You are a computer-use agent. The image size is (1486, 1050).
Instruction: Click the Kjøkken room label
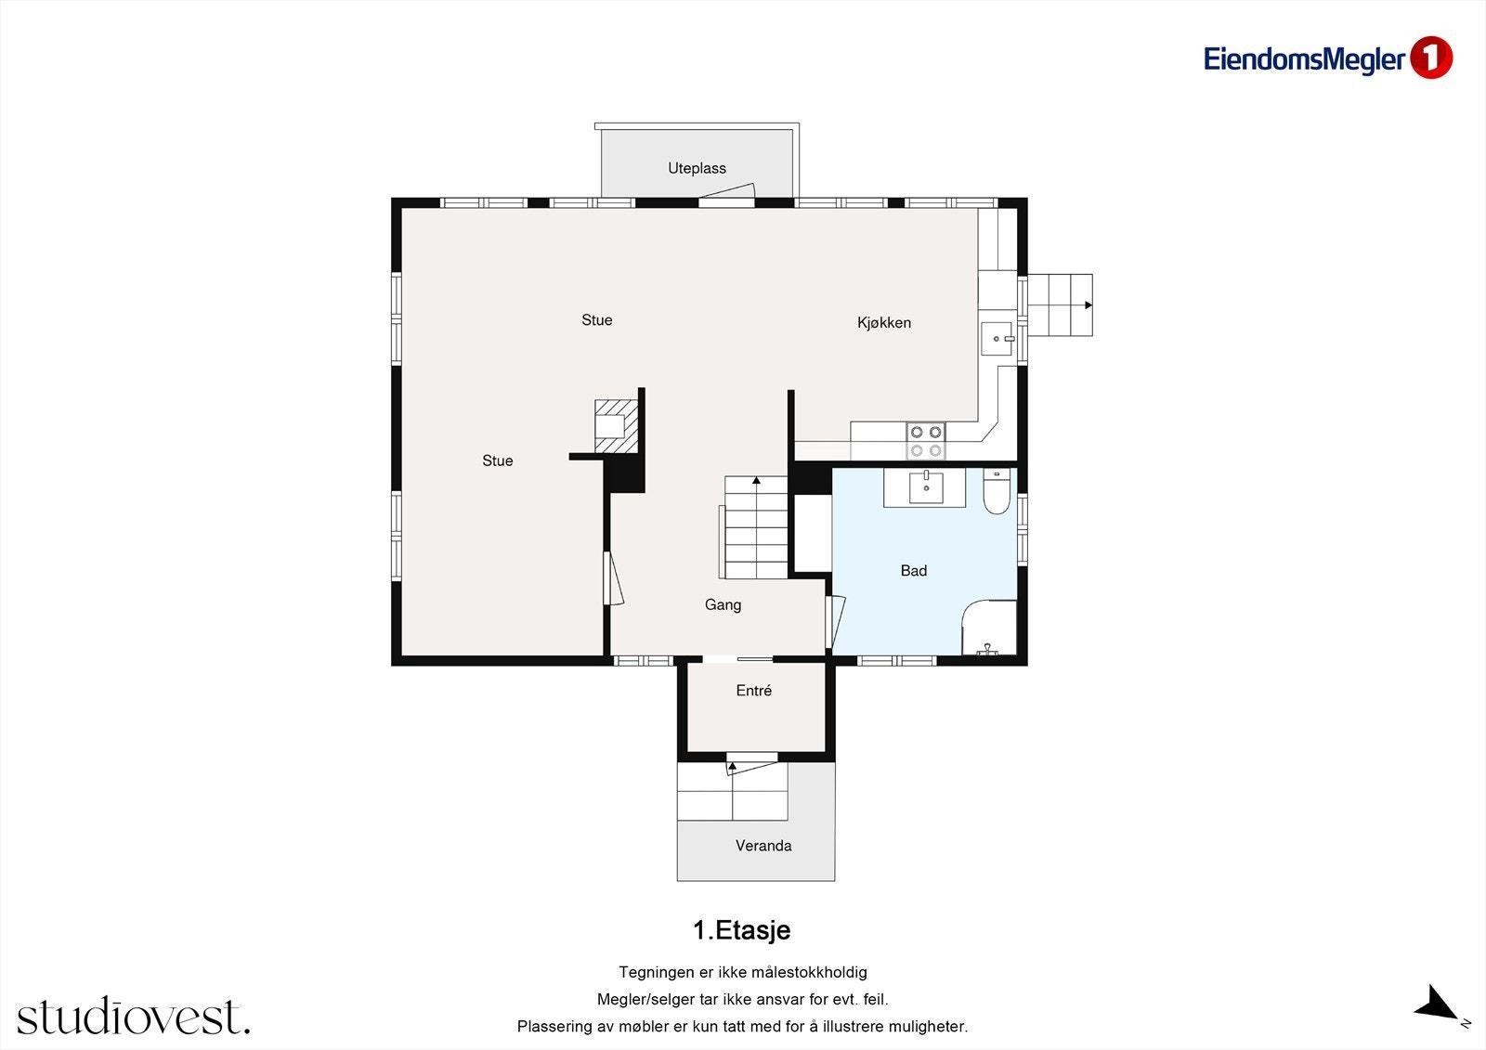[883, 323]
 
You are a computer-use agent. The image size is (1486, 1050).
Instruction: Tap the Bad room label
[914, 570]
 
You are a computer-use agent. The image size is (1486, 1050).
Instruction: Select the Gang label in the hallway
[723, 605]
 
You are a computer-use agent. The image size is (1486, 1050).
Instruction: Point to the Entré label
[753, 691]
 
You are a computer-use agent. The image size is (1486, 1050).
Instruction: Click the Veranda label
[763, 846]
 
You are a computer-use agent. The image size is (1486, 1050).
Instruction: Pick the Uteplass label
[697, 168]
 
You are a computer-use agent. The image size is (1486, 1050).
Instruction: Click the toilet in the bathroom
[997, 491]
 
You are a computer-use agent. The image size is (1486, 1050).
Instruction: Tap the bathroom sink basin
[926, 486]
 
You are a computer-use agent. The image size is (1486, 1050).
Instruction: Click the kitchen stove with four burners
[925, 441]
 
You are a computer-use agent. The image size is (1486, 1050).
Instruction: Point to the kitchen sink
[997, 339]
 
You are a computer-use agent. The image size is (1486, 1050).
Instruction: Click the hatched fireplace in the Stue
[617, 426]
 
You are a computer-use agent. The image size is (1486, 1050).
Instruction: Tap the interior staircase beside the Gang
[755, 527]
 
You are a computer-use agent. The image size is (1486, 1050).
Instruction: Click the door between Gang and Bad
[835, 622]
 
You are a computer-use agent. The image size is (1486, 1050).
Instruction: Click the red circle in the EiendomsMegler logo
[1431, 58]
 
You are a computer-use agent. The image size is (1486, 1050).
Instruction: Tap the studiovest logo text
[134, 1016]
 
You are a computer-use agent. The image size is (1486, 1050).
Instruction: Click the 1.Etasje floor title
[742, 930]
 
